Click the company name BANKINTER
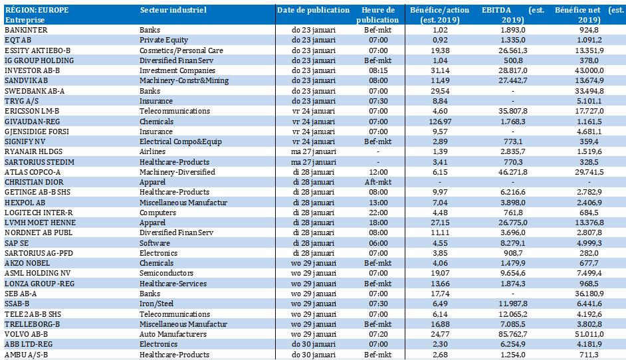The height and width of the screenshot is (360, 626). [26, 31]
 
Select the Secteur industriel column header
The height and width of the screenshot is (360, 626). [173, 11]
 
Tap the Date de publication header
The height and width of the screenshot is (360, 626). [313, 11]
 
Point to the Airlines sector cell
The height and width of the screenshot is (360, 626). [154, 152]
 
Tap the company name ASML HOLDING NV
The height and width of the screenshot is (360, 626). [37, 273]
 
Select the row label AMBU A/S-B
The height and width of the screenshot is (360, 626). [28, 354]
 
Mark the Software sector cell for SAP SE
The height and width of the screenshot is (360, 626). [155, 243]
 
